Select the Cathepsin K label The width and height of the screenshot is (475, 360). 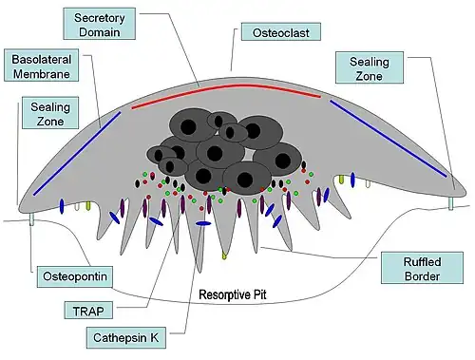(x=125, y=336)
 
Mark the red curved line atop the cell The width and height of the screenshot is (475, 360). (x=228, y=87)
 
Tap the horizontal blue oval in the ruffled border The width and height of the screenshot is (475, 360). (x=202, y=223)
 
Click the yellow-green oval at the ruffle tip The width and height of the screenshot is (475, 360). (x=225, y=256)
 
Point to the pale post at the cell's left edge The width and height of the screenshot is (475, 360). (x=32, y=219)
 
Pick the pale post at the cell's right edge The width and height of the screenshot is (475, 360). (x=452, y=202)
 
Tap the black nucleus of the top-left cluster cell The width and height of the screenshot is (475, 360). (x=188, y=124)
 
